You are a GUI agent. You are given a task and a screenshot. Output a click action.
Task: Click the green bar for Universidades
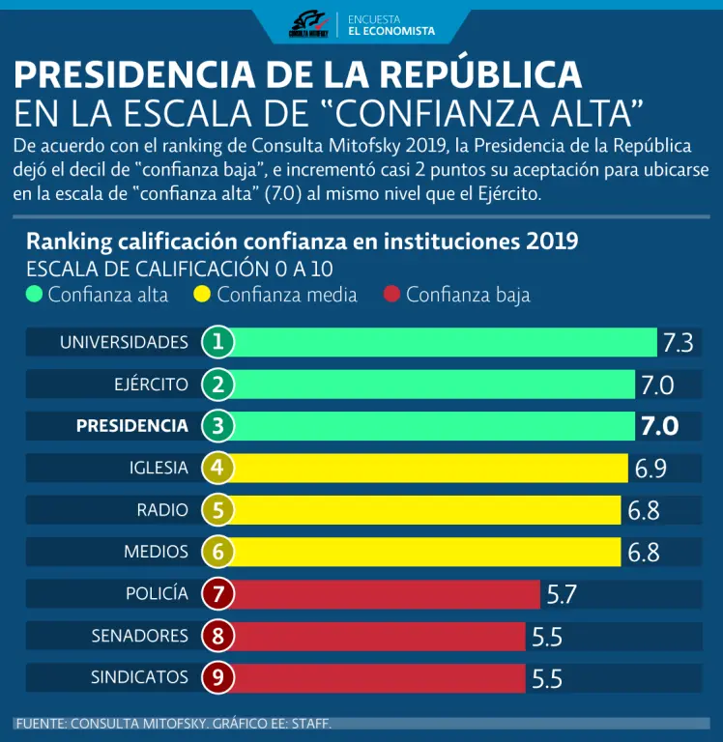445,342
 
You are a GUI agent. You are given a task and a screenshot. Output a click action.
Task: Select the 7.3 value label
678,343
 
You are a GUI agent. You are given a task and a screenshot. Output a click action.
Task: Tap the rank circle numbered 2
218,385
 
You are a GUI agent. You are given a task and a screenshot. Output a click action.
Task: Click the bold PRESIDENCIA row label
131,426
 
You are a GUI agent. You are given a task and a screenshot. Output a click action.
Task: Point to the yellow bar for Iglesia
430,469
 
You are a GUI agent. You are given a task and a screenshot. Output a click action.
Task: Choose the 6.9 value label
651,470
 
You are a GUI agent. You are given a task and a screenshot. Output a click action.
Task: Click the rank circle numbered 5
218,510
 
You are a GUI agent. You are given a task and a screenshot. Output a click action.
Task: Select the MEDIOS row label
156,552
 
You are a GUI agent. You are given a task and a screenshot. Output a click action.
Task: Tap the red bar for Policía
387,594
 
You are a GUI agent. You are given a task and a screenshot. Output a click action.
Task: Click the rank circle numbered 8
218,636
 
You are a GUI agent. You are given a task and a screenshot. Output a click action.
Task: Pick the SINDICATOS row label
139,677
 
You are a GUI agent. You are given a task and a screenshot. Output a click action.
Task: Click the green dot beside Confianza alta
35,295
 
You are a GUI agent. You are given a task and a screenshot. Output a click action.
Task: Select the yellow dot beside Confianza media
203,295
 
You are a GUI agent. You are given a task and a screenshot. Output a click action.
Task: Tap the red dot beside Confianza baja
391,295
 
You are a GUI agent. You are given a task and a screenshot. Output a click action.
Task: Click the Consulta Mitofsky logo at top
309,24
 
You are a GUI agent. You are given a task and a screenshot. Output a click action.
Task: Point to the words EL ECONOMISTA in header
391,31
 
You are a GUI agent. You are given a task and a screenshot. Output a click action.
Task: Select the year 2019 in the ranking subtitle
552,241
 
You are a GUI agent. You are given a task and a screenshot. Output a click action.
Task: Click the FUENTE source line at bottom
174,723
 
